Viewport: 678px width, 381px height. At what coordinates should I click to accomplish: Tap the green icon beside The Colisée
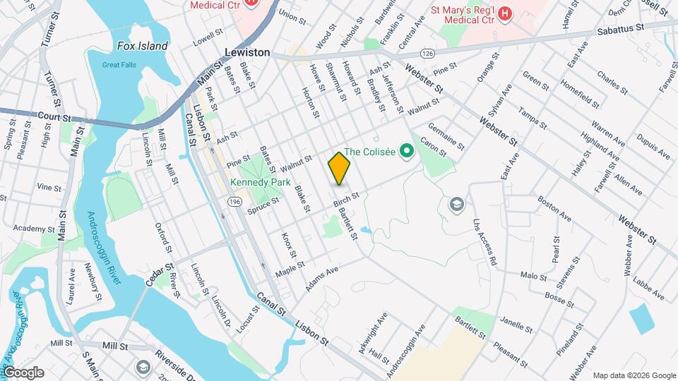tap(406, 150)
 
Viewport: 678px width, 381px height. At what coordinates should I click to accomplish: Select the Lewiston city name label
tap(247, 53)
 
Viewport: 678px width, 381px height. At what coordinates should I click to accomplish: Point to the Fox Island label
tap(143, 47)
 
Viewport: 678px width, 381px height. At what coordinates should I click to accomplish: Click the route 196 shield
tap(234, 202)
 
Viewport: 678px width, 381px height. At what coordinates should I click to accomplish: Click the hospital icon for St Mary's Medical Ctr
tap(505, 13)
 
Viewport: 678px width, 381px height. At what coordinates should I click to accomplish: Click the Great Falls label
tap(118, 65)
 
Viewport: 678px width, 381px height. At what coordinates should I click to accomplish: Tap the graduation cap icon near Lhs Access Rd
tap(457, 205)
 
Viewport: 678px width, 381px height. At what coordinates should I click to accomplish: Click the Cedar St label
tap(160, 275)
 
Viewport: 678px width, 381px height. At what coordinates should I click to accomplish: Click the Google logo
tap(23, 373)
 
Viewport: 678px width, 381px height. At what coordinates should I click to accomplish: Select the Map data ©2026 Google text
tap(634, 375)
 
